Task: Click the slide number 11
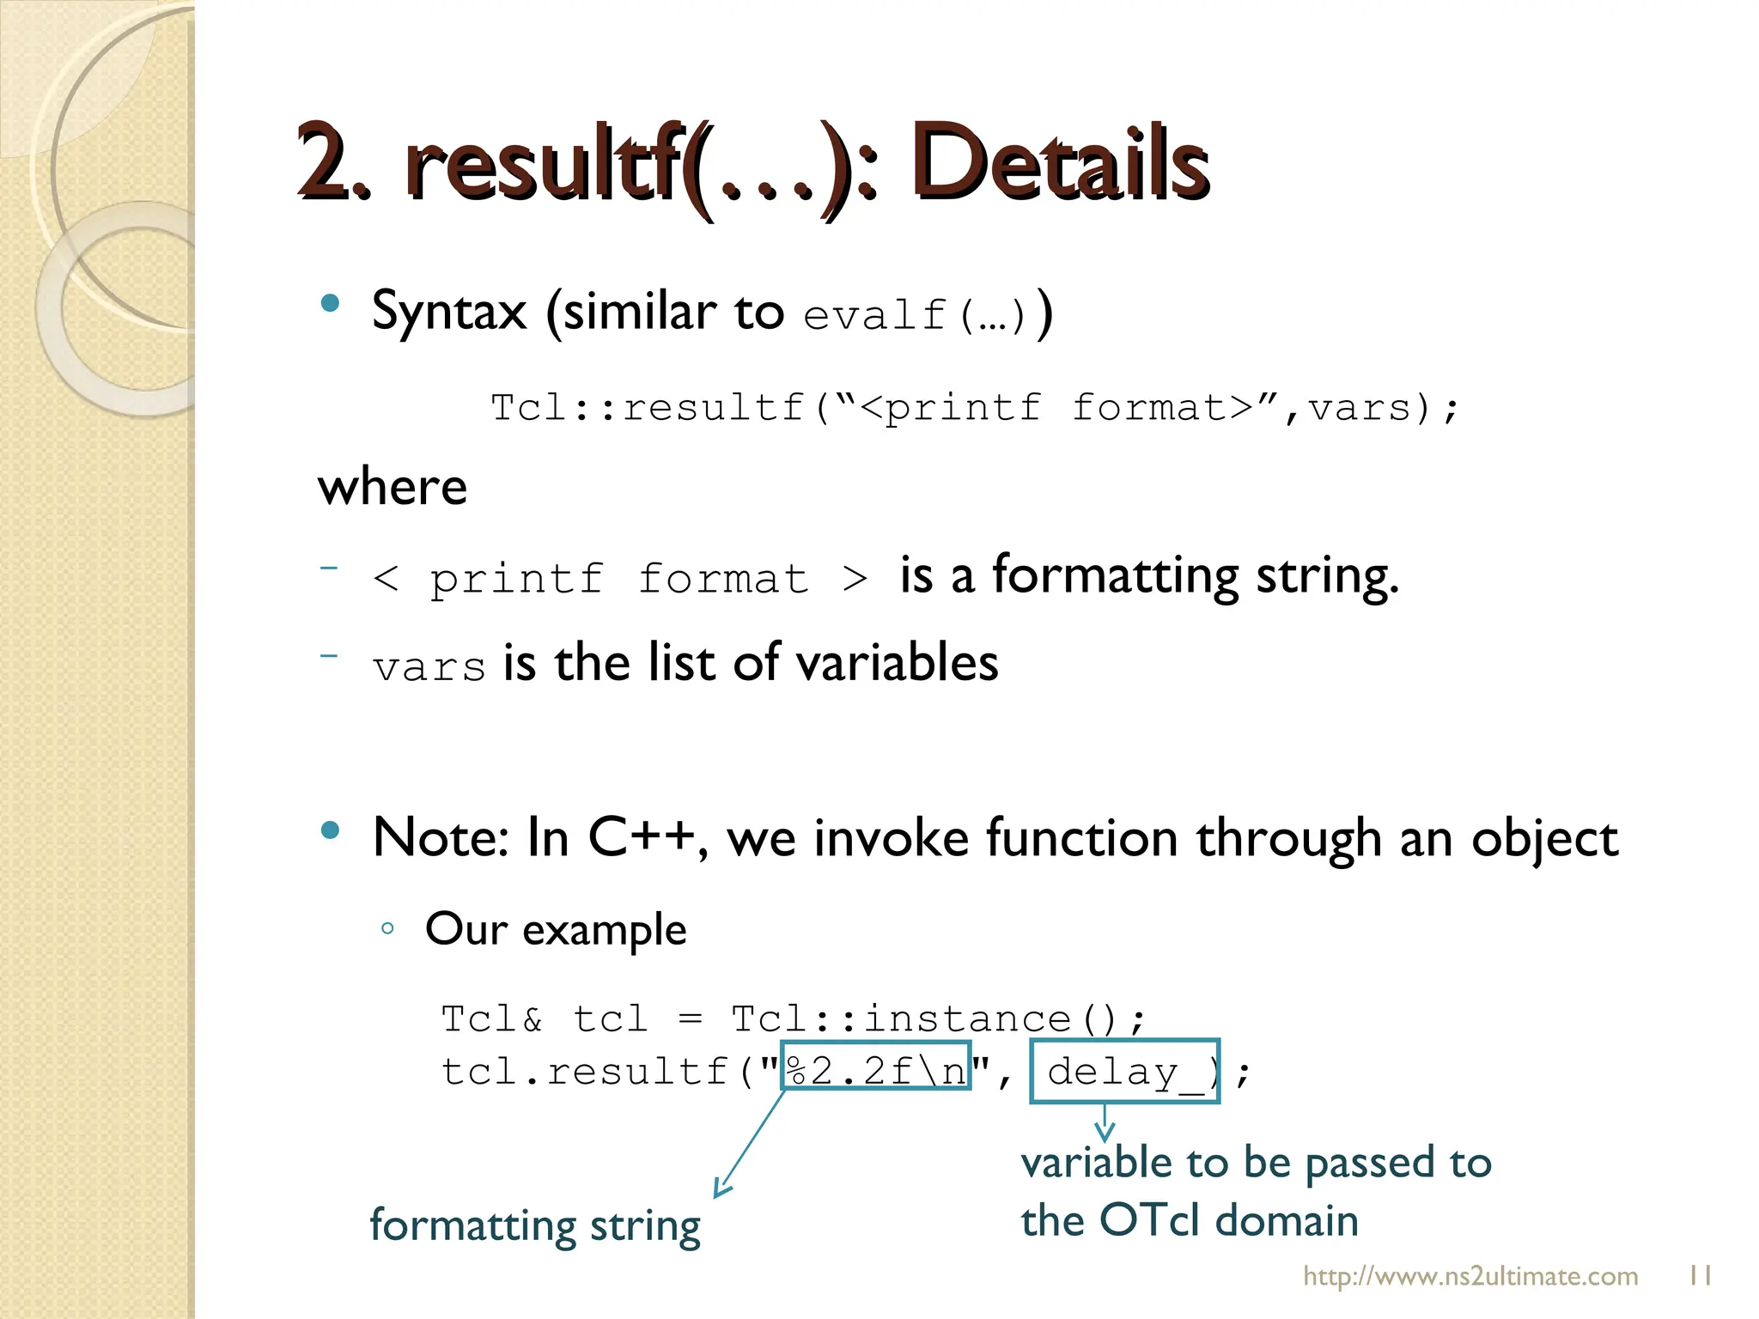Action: point(1700,1275)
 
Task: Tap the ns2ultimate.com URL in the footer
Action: point(1470,1276)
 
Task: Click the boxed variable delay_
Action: point(1124,1071)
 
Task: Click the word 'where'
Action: point(393,487)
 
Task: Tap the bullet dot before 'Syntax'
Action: point(330,303)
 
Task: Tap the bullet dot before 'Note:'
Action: point(330,830)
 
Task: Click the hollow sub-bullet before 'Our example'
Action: point(387,928)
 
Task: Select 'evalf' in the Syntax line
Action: point(874,315)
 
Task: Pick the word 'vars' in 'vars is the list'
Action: point(429,667)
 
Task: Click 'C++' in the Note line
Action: point(642,837)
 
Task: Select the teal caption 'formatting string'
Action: point(535,1225)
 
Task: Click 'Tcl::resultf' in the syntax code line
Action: point(648,407)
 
